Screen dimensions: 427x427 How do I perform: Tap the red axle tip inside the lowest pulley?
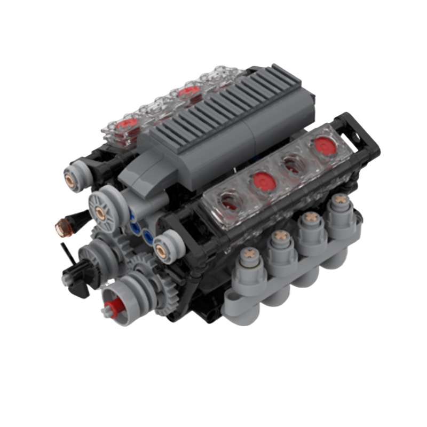tap(113, 306)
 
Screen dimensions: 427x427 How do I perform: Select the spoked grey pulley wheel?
tap(100, 213)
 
